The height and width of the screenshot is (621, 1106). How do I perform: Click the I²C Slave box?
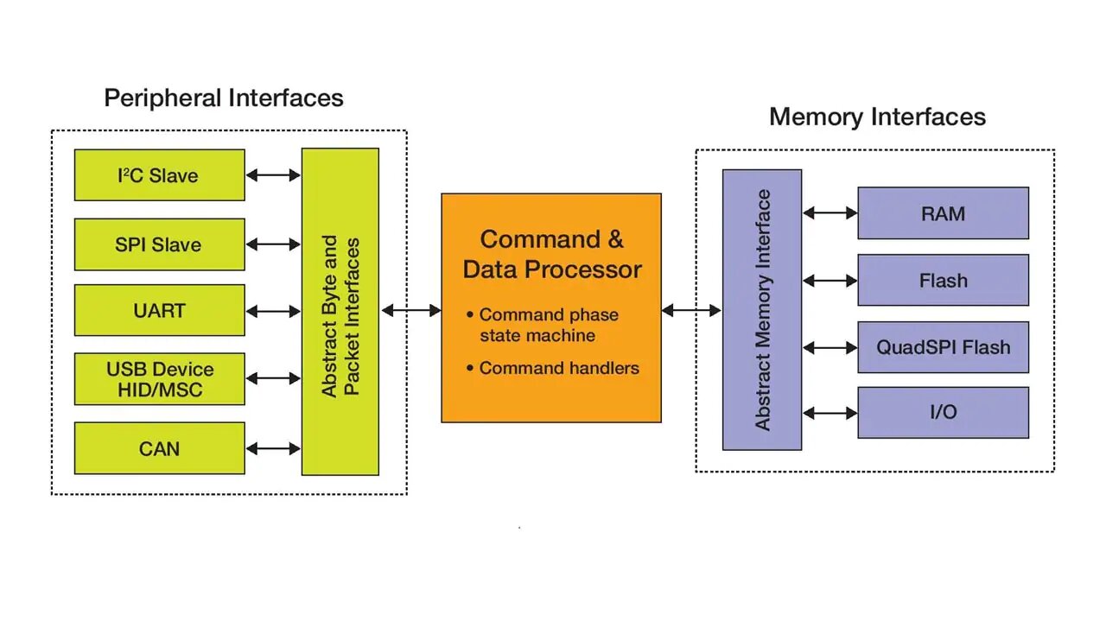pyautogui.click(x=159, y=175)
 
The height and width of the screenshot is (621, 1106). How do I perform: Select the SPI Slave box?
pyautogui.click(x=159, y=244)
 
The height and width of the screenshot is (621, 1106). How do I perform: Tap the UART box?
pyautogui.click(x=159, y=310)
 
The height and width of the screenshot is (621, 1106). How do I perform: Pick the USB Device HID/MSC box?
pyautogui.click(x=159, y=379)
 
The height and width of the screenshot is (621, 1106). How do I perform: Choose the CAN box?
pyautogui.click(x=159, y=448)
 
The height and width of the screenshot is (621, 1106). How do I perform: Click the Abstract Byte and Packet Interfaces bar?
pyautogui.click(x=340, y=312)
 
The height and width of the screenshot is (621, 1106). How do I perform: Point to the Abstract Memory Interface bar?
pyautogui.click(x=761, y=309)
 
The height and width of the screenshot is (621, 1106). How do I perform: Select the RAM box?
pyautogui.click(x=943, y=213)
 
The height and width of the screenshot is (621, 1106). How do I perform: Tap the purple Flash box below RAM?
pyautogui.click(x=943, y=281)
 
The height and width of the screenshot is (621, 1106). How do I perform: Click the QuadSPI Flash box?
pyautogui.click(x=943, y=347)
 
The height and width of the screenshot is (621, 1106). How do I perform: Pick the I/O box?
pyautogui.click(x=943, y=413)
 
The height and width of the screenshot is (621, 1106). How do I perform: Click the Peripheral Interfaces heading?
pyautogui.click(x=224, y=98)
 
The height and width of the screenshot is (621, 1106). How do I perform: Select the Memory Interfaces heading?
pyautogui.click(x=877, y=117)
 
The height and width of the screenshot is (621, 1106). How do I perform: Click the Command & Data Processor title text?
pyautogui.click(x=551, y=254)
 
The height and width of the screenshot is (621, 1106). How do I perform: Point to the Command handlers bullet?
pyautogui.click(x=558, y=368)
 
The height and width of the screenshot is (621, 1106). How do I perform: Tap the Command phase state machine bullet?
pyautogui.click(x=548, y=325)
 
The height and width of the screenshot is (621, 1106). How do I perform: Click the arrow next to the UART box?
pyautogui.click(x=273, y=311)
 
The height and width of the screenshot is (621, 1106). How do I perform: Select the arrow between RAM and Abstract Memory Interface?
pyautogui.click(x=829, y=212)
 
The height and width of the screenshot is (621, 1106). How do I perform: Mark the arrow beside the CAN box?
pyautogui.click(x=273, y=448)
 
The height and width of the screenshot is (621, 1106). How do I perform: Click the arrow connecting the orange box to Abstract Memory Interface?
pyautogui.click(x=691, y=310)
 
